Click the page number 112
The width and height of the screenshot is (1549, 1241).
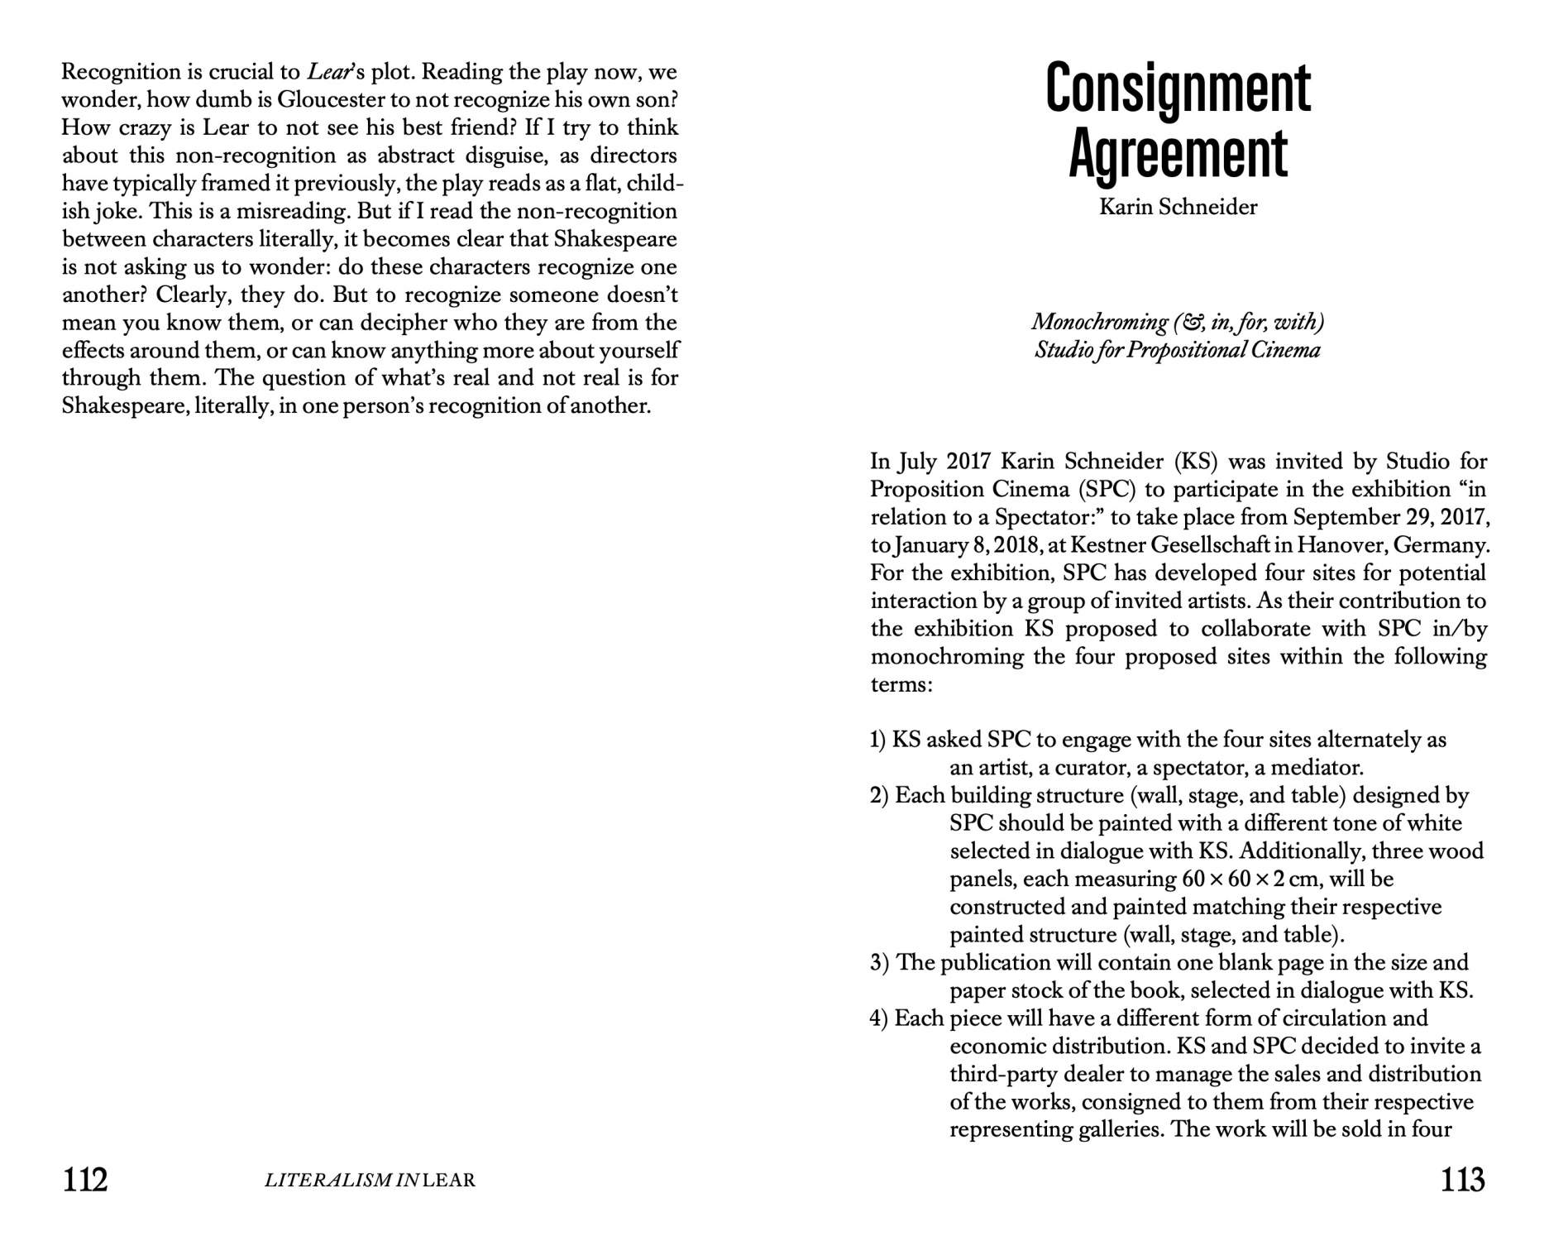coord(85,1179)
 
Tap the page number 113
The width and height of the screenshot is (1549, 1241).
coord(1462,1179)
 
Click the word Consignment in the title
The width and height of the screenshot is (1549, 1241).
coord(1178,89)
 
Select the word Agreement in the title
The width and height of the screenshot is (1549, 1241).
coord(1178,154)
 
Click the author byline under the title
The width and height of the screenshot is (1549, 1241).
coord(1178,207)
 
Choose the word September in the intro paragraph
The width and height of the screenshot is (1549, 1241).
coord(1345,517)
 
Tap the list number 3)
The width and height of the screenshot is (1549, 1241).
coord(879,963)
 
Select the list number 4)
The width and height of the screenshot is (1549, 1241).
coord(879,1018)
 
